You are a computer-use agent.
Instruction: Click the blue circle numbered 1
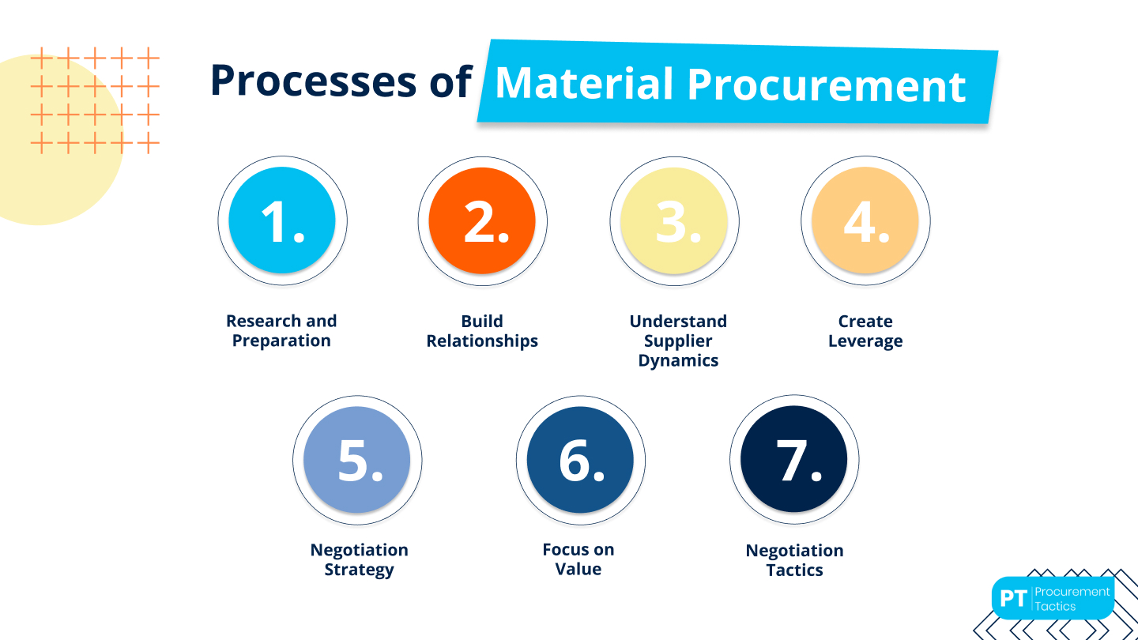[282, 220]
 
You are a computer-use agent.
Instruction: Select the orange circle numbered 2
[482, 220]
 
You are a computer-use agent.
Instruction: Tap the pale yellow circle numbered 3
[674, 220]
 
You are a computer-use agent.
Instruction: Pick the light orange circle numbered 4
[865, 220]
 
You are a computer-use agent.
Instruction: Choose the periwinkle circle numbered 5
[357, 460]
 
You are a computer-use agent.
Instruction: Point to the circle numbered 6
[580, 460]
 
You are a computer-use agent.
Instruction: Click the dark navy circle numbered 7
[793, 460]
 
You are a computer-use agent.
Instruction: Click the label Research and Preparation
[281, 331]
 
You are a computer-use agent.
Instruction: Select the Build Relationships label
[482, 331]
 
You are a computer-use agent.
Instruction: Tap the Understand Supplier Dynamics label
[678, 341]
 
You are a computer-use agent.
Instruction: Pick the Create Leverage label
[865, 331]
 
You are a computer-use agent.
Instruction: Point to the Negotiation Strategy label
[359, 559]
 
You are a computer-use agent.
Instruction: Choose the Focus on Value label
[578, 559]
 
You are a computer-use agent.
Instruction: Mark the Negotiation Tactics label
[794, 560]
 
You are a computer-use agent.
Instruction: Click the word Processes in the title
[313, 81]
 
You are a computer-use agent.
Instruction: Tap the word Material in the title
[584, 84]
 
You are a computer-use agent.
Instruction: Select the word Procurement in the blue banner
[827, 85]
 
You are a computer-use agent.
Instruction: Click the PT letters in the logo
[1012, 598]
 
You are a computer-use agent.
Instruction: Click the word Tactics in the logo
[1055, 606]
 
